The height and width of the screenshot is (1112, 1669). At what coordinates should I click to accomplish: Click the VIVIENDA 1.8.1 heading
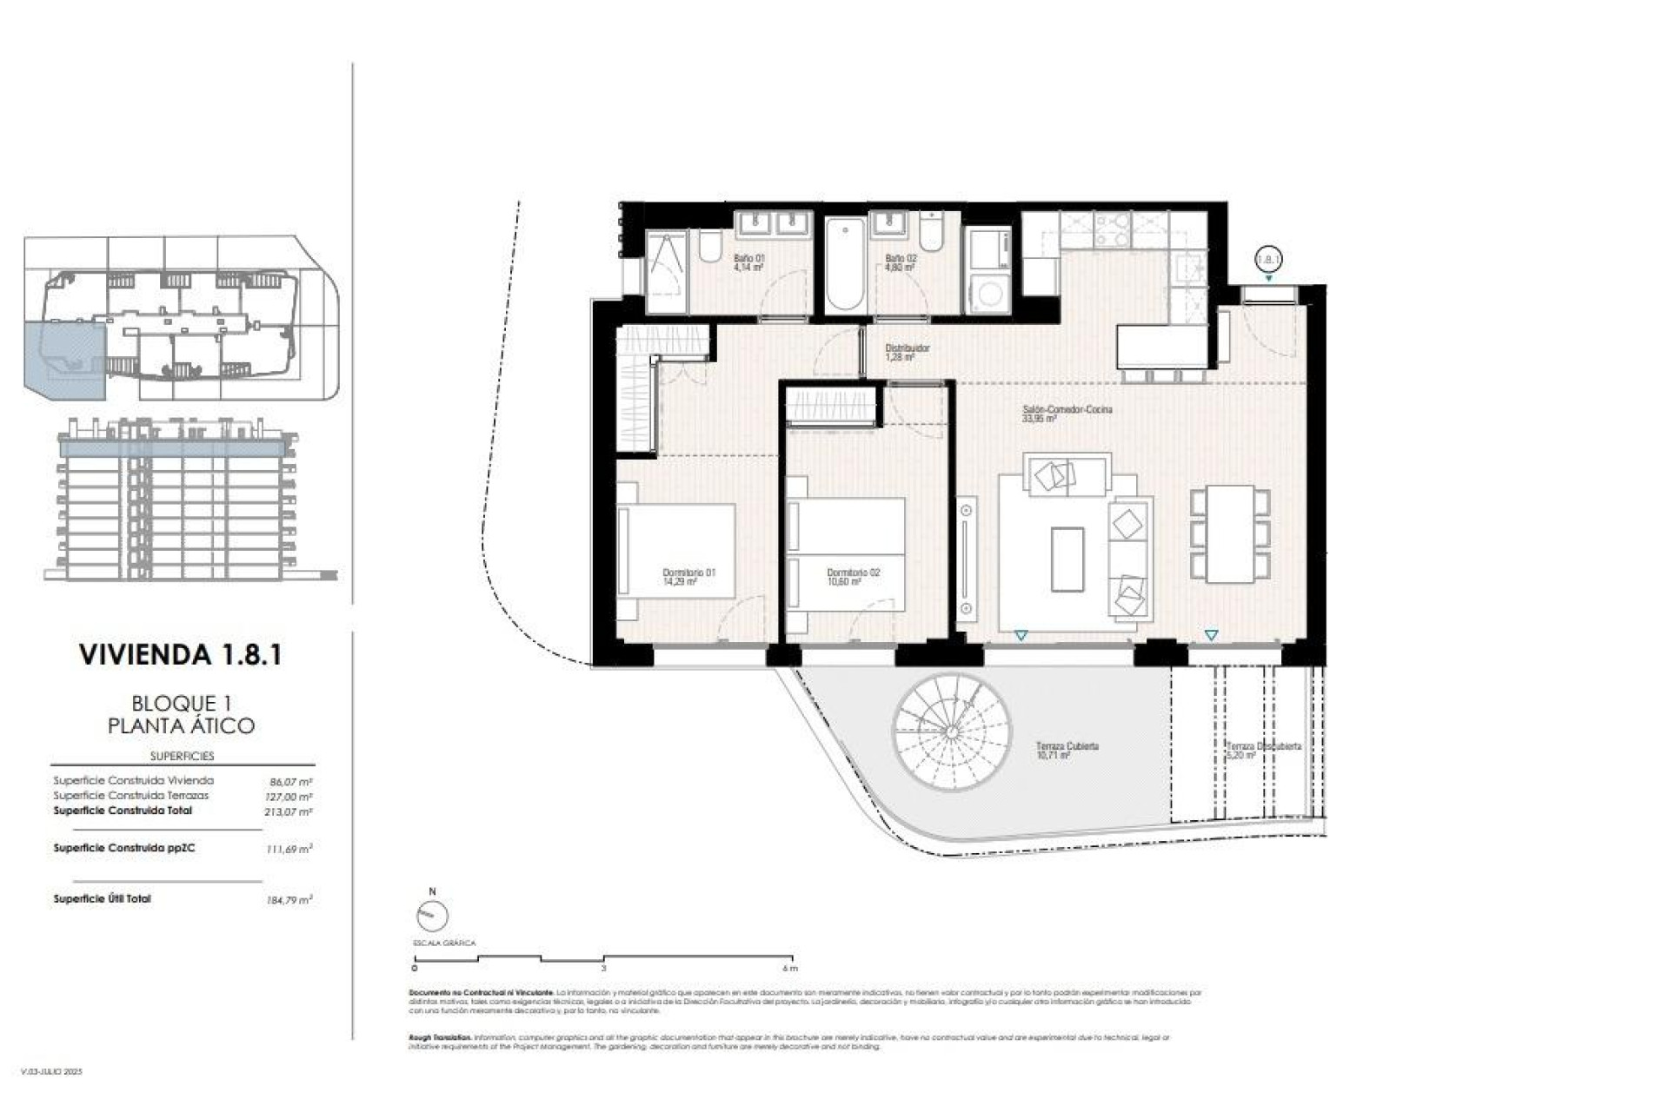click(x=181, y=654)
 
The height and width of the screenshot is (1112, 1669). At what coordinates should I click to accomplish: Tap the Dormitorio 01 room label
click(x=688, y=577)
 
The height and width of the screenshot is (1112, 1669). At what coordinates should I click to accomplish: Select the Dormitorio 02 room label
click(x=853, y=577)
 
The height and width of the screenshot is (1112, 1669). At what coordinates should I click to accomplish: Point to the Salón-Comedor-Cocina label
click(x=1067, y=414)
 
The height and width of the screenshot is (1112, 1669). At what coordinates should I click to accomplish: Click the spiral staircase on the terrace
click(x=952, y=731)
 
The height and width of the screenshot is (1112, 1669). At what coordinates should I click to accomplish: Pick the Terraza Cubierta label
click(x=1067, y=751)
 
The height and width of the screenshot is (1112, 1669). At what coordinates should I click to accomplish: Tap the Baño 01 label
click(x=748, y=262)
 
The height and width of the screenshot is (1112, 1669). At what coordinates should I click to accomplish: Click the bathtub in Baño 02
click(x=845, y=264)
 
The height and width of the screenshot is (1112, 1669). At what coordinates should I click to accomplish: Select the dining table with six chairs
click(x=1230, y=533)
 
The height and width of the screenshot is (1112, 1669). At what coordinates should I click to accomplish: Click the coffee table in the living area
click(x=1067, y=559)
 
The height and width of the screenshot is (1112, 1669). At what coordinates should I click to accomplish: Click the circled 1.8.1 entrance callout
click(x=1269, y=258)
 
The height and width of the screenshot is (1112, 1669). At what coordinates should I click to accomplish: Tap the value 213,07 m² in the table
click(x=289, y=812)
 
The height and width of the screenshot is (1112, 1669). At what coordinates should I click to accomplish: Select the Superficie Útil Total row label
click(x=102, y=899)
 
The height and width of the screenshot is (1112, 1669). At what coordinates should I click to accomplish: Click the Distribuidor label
click(x=907, y=352)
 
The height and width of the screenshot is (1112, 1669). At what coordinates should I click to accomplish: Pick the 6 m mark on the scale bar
click(x=789, y=968)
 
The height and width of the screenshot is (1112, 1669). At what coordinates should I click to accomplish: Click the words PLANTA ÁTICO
click(x=181, y=725)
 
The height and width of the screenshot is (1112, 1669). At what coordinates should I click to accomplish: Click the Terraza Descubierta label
click(x=1263, y=751)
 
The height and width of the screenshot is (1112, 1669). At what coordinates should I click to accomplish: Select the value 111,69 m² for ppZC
click(x=289, y=850)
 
